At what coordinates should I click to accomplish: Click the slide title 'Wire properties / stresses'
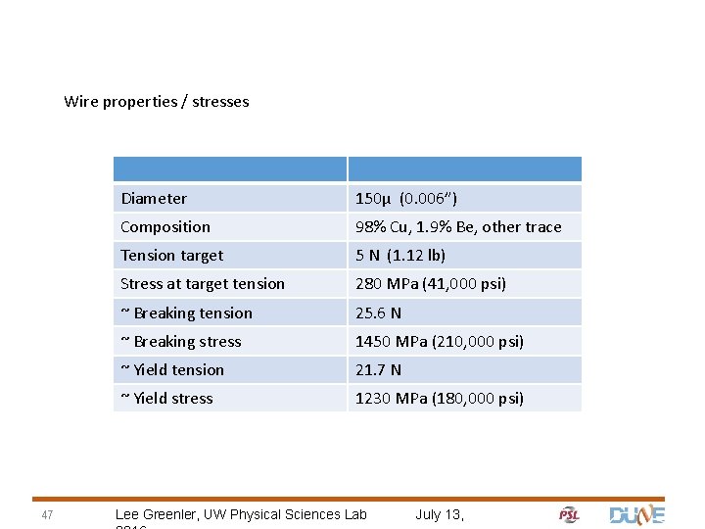tap(157, 101)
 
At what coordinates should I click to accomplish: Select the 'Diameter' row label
tap(154, 199)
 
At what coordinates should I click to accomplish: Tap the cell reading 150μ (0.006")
tap(405, 199)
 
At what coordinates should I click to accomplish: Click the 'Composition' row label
tap(165, 227)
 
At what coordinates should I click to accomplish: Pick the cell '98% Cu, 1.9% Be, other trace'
tap(458, 227)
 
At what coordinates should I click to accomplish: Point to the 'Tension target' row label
tap(171, 256)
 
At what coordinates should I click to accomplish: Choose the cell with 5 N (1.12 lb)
tap(400, 256)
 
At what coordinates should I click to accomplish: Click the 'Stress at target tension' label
tap(203, 284)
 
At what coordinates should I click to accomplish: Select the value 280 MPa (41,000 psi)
tap(431, 284)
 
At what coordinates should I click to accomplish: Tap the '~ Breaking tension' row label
tap(186, 313)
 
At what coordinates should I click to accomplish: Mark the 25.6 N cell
tap(378, 313)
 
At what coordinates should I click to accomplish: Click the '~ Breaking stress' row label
tap(180, 342)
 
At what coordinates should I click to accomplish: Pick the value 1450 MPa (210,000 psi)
tap(440, 342)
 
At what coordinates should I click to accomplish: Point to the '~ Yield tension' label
tap(172, 370)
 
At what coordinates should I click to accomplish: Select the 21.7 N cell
tap(378, 370)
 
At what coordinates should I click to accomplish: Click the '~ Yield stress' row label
tap(166, 399)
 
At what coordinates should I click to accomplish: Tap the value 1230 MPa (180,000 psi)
tap(440, 399)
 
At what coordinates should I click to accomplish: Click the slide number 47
tap(47, 516)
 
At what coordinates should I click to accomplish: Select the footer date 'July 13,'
tap(440, 514)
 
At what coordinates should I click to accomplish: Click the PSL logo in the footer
tap(569, 514)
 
